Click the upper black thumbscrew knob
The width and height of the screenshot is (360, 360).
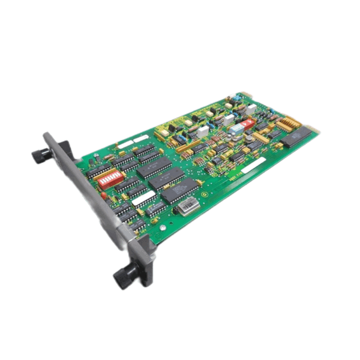(41, 155)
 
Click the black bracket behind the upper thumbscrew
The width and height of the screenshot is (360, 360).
(62, 149)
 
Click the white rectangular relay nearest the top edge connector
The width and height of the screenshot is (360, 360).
(252, 108)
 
